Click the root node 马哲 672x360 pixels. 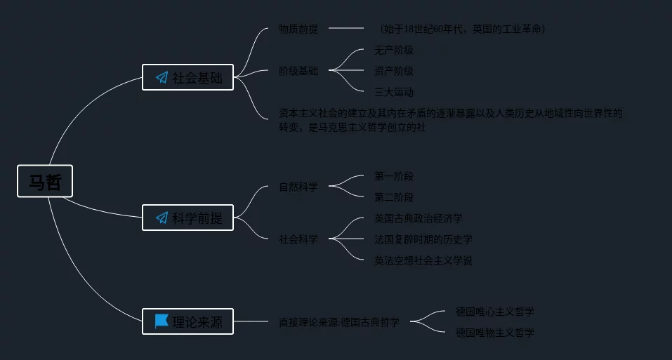click(x=45, y=181)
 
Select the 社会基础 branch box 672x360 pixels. click(x=187, y=77)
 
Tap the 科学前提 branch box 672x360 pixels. click(x=187, y=218)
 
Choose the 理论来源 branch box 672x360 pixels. click(x=187, y=322)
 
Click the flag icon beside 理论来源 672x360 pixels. click(x=162, y=321)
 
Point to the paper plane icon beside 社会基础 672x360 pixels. click(x=162, y=77)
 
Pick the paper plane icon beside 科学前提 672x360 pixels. click(x=162, y=218)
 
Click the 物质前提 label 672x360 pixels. click(x=298, y=29)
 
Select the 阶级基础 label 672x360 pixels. click(x=298, y=71)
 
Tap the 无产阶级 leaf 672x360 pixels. click(x=394, y=50)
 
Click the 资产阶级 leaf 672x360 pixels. click(x=394, y=71)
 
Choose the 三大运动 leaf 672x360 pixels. click(x=394, y=92)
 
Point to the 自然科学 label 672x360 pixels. click(x=298, y=187)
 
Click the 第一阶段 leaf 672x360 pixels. click(x=394, y=176)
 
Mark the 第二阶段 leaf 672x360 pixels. click(x=394, y=197)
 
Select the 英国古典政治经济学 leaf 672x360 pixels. click(x=419, y=218)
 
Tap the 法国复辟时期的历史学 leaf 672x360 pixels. click(x=423, y=239)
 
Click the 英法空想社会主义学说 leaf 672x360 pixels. click(x=423, y=260)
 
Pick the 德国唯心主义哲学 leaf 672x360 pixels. click(x=495, y=311)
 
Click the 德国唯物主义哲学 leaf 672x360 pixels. click(x=495, y=332)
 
